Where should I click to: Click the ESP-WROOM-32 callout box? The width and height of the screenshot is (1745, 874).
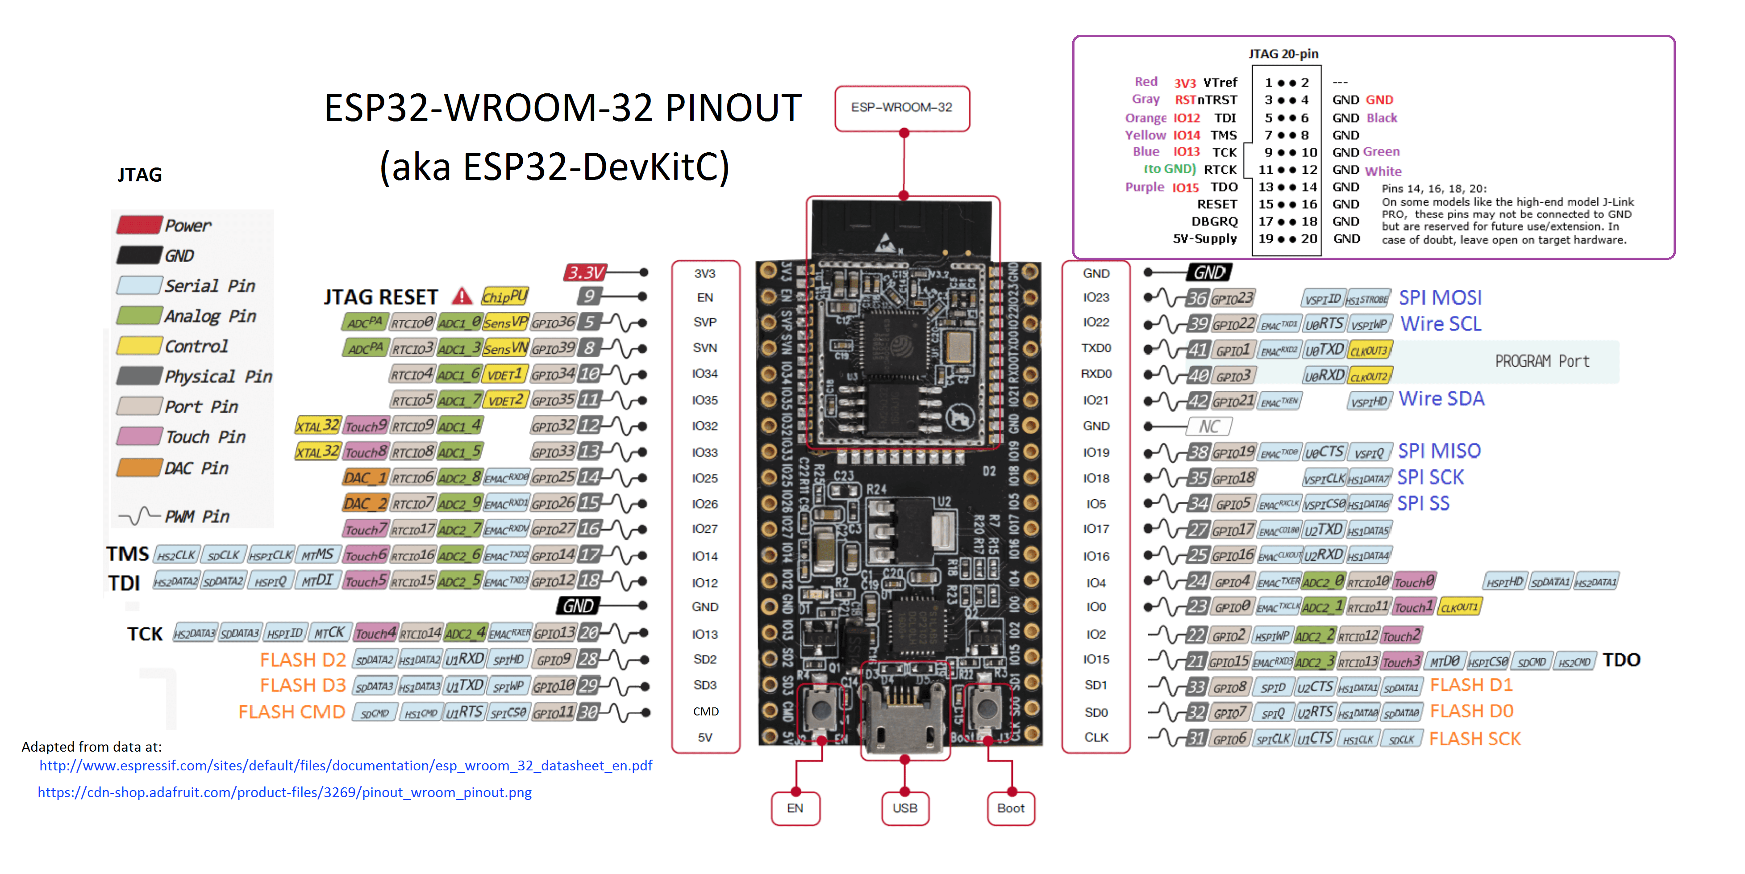coord(902,108)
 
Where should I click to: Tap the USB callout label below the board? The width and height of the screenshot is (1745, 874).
coord(904,808)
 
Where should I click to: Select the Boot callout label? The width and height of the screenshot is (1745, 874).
coord(1011,808)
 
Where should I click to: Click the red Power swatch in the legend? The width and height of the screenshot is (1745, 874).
coord(140,225)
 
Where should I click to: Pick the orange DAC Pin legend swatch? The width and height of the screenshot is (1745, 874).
coord(140,468)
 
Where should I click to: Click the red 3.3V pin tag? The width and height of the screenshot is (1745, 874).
coord(585,272)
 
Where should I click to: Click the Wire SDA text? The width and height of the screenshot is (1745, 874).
coord(1441,399)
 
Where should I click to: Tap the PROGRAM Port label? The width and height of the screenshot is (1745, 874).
coord(1542,361)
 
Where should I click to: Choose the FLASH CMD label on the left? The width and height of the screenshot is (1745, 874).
coord(292,712)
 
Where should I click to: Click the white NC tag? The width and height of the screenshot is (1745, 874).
coord(1209,426)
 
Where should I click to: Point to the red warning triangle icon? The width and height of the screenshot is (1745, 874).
coord(462,296)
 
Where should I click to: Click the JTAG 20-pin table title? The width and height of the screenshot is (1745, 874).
coord(1283,54)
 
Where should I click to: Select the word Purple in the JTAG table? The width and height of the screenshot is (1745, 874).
coord(1144,187)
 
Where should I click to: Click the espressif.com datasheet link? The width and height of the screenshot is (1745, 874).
coord(346,765)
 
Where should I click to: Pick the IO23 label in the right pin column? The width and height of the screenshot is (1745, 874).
coord(1095,297)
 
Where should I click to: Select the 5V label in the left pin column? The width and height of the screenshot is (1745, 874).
coord(704,738)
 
